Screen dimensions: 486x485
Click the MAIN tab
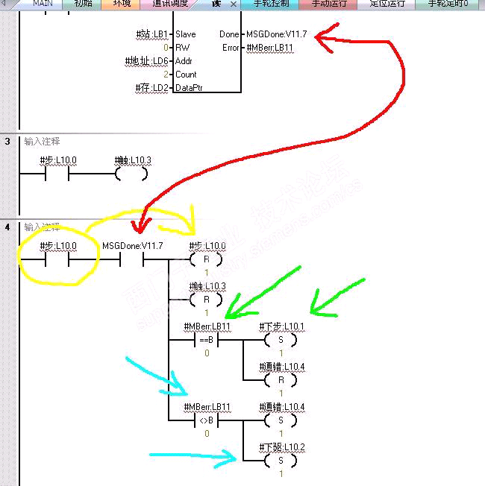click(x=43, y=4)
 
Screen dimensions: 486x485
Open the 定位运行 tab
click(x=387, y=4)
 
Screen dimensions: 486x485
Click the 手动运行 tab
click(x=329, y=4)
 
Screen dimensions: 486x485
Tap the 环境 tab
click(x=122, y=4)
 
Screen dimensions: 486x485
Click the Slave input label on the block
click(x=186, y=34)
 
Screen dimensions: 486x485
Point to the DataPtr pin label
click(x=190, y=88)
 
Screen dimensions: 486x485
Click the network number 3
click(x=7, y=141)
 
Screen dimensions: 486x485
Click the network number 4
click(x=7, y=226)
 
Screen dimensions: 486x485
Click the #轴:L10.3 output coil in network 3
click(x=132, y=174)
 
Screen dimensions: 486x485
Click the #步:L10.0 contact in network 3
click(x=57, y=174)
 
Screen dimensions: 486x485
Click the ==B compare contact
click(x=206, y=340)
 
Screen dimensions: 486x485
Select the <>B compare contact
click(x=206, y=420)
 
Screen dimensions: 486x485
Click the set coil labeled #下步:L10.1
click(x=281, y=340)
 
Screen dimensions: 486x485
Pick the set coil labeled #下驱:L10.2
click(x=281, y=461)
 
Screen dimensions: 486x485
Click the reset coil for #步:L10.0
click(x=206, y=259)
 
